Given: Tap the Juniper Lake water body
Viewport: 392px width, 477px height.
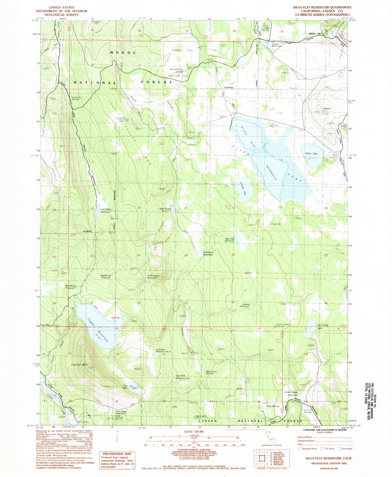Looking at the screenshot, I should click(x=246, y=190).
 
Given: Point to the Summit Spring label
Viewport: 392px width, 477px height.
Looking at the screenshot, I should click(x=75, y=98).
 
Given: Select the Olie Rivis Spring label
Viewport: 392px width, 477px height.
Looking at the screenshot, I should click(x=211, y=372).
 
